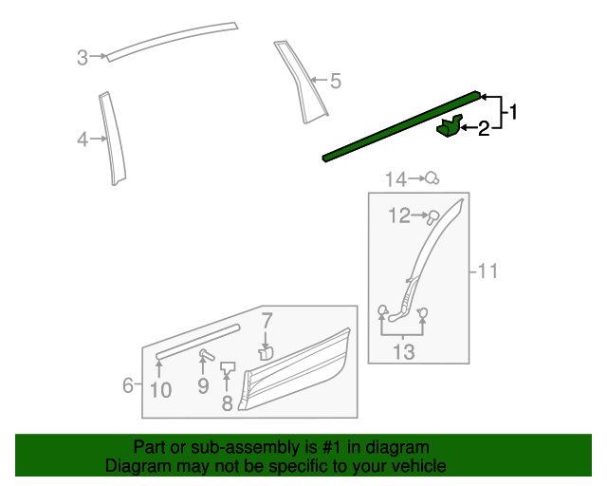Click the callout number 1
514,113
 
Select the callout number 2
484,129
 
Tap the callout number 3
83,58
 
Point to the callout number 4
83,140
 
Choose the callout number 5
335,82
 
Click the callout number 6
128,385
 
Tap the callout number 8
227,403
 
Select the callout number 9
202,386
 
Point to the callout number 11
487,272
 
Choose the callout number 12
398,216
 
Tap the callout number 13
403,352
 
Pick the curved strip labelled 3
171,39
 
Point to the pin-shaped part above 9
203,355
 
